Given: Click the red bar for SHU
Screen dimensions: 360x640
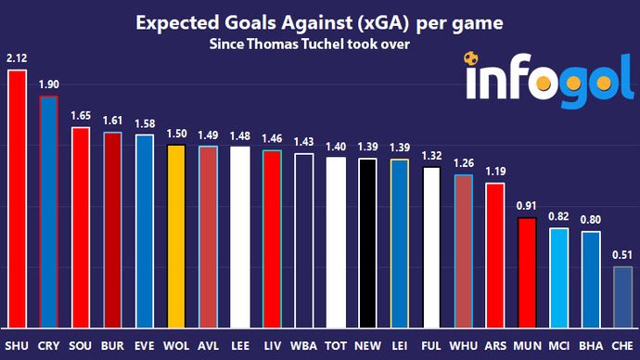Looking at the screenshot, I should (x=16, y=199).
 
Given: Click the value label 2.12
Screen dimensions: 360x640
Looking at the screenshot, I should (x=16, y=59).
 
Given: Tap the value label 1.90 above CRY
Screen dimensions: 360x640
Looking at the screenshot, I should (x=48, y=84).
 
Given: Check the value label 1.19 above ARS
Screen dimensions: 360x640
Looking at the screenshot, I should (x=496, y=172).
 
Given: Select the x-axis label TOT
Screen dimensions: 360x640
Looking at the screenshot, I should (x=336, y=345).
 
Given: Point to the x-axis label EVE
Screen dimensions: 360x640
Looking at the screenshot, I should (x=144, y=345).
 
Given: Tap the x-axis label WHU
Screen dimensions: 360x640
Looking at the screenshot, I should (x=464, y=345).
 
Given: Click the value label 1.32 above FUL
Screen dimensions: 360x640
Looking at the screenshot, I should (x=432, y=156).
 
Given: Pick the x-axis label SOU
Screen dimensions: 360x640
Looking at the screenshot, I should (x=80, y=345).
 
